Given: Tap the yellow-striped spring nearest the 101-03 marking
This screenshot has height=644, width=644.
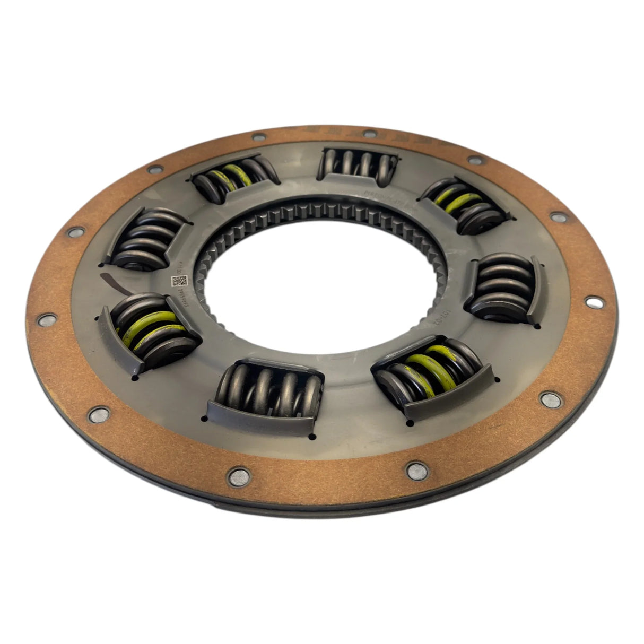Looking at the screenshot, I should tap(430, 374).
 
